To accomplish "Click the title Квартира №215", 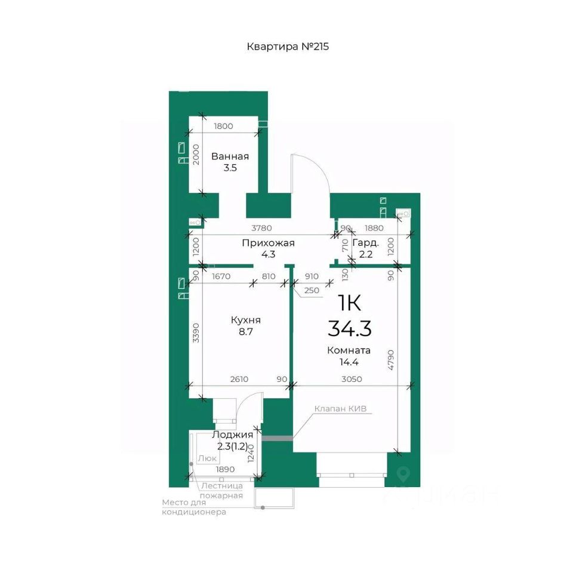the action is coord(288,47).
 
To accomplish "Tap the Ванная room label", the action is coord(230,156).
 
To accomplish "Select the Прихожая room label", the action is coord(268,243).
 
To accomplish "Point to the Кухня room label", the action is coord(245,321).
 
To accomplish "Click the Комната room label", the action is coord(349,350).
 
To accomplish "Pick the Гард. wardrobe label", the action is coord(365,243).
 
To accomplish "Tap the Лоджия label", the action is coord(232,435).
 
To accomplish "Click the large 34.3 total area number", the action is coord(350,328).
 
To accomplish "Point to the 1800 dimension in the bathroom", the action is coord(223,126).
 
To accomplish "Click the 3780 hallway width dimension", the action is coord(261,228).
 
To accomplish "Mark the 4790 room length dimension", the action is coord(390,360).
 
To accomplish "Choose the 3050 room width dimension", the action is coord(352,379).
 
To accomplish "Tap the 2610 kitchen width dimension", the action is coord(239,379).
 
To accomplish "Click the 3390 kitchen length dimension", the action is coord(196,332).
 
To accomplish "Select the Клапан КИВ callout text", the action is coord(340,408).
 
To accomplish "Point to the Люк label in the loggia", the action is coord(207,458).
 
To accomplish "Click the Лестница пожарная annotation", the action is coord(221,491).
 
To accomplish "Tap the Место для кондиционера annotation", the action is coord(194,507).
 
